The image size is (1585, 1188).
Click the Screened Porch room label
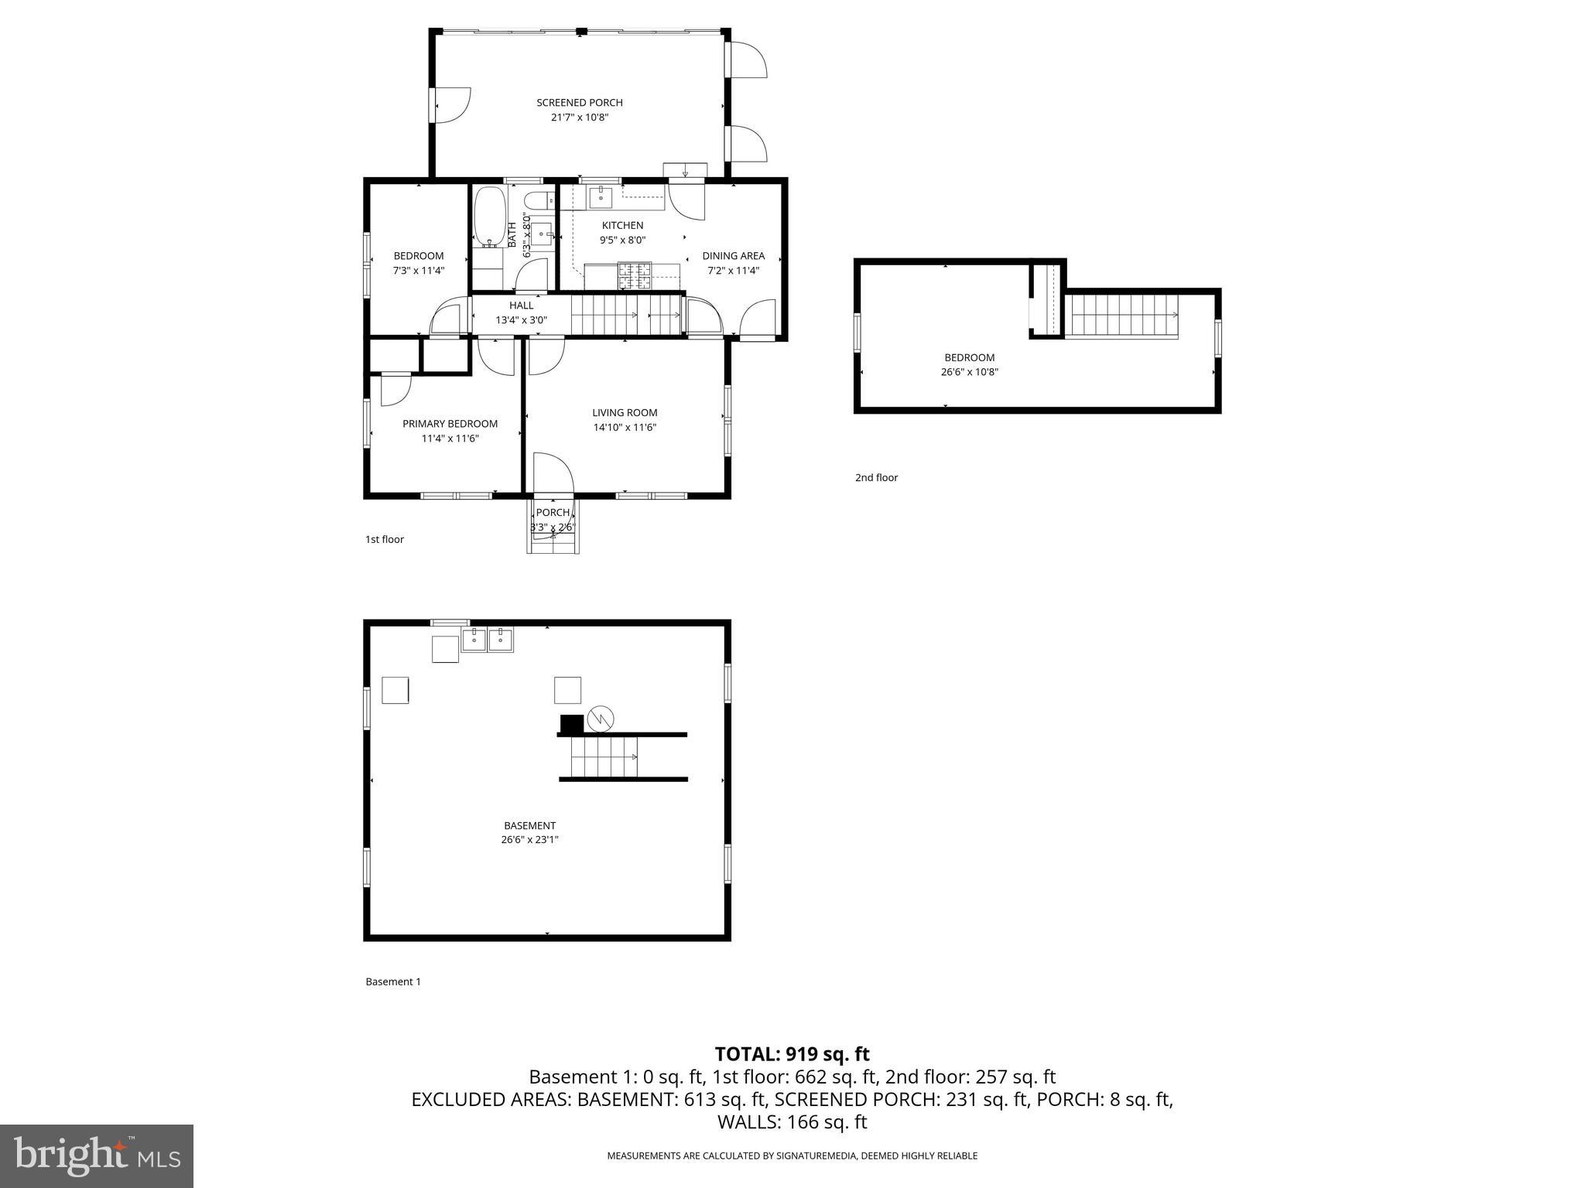tap(579, 103)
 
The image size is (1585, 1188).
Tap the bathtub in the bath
tap(489, 217)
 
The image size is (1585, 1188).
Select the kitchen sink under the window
tap(601, 197)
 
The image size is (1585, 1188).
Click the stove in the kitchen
tap(635, 276)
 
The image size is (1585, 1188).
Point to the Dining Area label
tap(733, 256)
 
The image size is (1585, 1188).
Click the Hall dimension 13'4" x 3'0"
tap(521, 319)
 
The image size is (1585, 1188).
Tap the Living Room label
tap(625, 413)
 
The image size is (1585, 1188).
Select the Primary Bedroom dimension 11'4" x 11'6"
tap(450, 439)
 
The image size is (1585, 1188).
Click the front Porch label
tap(553, 513)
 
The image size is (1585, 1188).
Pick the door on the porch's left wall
tap(450, 104)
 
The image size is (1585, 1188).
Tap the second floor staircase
tap(1121, 316)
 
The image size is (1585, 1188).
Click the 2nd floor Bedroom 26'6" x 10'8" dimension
tap(969, 372)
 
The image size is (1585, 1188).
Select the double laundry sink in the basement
tap(487, 640)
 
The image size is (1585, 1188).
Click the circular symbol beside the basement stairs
tap(601, 719)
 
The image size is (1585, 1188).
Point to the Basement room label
tap(529, 826)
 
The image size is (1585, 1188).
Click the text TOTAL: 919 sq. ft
tap(792, 1054)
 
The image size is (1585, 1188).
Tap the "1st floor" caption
tap(385, 540)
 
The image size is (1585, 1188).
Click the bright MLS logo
tap(97, 1156)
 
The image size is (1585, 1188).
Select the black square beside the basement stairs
tap(571, 725)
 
